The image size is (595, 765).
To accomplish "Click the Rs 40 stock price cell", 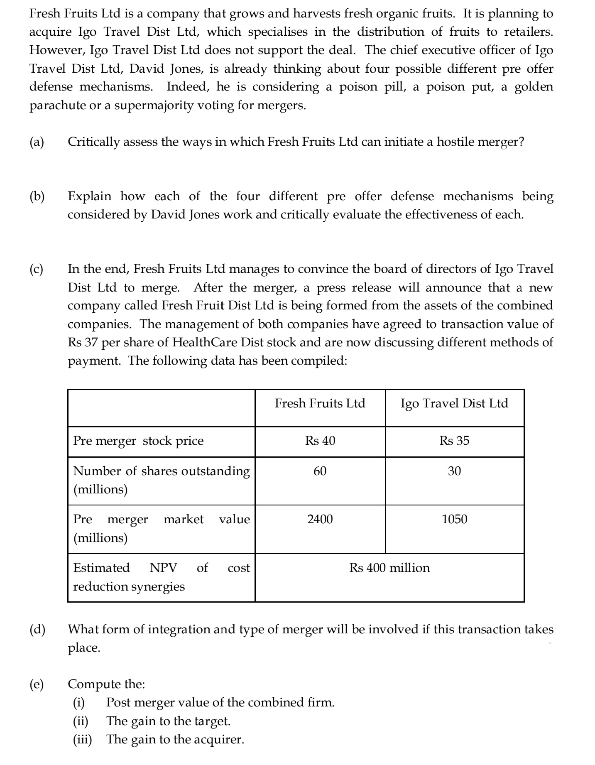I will click(x=320, y=441).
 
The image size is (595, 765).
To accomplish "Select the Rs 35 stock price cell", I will click(x=454, y=441).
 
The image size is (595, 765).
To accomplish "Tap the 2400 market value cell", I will click(x=320, y=519).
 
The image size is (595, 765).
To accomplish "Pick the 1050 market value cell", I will click(x=454, y=519).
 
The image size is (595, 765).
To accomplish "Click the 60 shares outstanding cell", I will click(x=320, y=471).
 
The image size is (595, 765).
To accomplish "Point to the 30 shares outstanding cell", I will click(x=454, y=471).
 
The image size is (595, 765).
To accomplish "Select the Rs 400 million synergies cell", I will click(x=389, y=568).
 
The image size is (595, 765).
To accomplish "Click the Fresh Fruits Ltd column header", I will click(x=320, y=403).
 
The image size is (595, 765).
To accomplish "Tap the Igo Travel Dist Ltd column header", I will click(x=454, y=403).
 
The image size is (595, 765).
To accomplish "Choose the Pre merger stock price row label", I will click(x=138, y=441).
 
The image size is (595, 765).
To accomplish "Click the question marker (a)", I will click(x=37, y=142).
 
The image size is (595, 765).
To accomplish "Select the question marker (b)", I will click(x=37, y=196).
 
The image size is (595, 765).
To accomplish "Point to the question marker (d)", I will click(x=37, y=630).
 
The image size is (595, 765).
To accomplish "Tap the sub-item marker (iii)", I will click(x=83, y=739).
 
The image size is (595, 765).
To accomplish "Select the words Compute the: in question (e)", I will click(x=106, y=684).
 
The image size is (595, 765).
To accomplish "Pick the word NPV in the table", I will click(x=163, y=568).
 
